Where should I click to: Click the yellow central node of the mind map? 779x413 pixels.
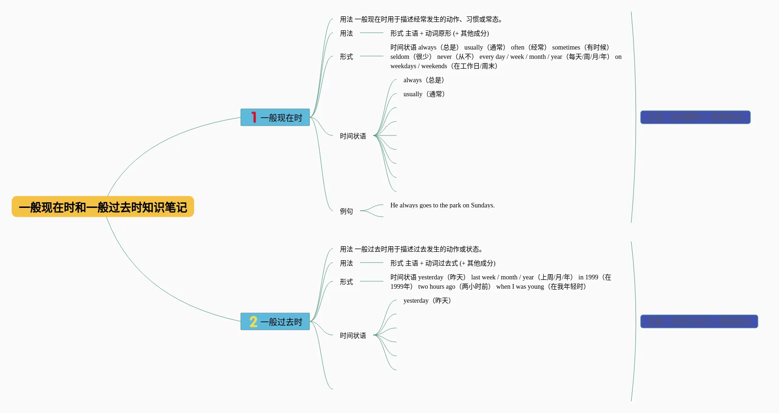pos(103,206)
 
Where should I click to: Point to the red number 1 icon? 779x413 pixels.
pos(253,117)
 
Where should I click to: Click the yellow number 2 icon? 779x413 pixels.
pos(253,321)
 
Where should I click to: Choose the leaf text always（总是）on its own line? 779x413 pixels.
pos(424,80)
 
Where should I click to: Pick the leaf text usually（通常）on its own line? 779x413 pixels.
pos(424,94)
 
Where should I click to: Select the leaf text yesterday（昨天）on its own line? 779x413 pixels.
pos(427,301)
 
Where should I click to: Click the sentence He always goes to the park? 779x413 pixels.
pos(442,206)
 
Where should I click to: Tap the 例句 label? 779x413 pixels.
pos(346,212)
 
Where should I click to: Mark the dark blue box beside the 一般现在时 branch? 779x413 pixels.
pos(695,117)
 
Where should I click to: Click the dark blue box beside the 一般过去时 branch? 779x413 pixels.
pos(699,321)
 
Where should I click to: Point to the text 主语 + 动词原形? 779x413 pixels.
pos(428,34)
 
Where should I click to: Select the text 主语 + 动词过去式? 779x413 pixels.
pos(432,263)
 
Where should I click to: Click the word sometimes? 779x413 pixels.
pos(566,48)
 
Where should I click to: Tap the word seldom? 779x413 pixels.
pos(400,57)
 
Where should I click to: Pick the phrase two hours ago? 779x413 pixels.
pos(436,287)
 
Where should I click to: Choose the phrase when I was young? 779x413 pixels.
pos(520,287)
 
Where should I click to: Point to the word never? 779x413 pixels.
pos(444,57)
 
